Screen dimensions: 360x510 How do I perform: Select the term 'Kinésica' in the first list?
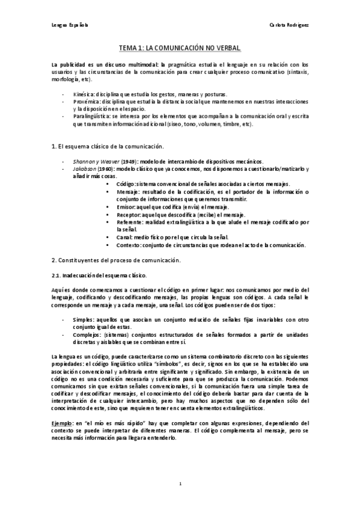pyautogui.click(x=84, y=95)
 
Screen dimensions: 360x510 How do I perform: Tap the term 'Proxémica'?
pyautogui.click(x=86, y=102)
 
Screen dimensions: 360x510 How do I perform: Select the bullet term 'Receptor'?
pyautogui.click(x=129, y=214)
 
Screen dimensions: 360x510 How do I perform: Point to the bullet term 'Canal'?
pyautogui.click(x=125, y=237)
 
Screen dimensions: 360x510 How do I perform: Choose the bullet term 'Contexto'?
pyautogui.click(x=129, y=245)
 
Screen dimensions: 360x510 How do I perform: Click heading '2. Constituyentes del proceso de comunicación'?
pyautogui.click(x=116, y=260)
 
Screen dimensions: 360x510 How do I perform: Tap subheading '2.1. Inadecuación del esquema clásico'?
pyautogui.click(x=98, y=275)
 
